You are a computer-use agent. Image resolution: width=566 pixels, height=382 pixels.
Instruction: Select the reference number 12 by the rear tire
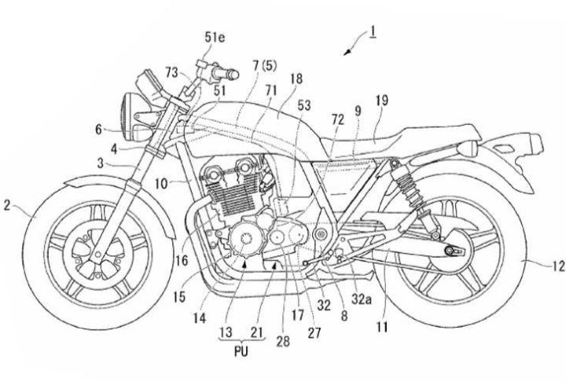pyautogui.click(x=557, y=267)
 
